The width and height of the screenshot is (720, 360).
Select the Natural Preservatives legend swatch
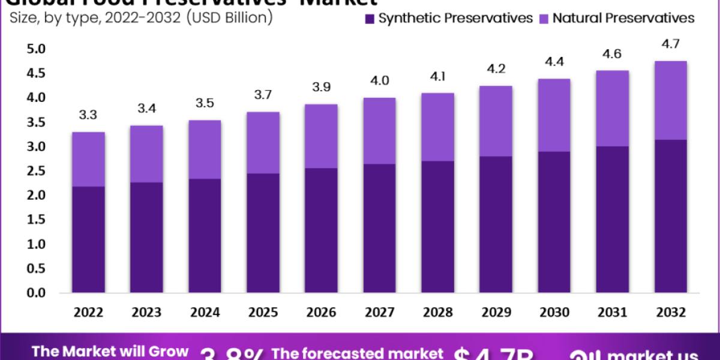[x=544, y=19]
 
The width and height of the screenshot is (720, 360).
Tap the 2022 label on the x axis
[x=88, y=313]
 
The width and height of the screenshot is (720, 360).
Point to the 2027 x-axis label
[x=379, y=313]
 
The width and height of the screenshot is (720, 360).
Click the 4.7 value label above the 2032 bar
[x=670, y=44]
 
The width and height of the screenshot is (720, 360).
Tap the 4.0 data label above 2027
[x=379, y=81]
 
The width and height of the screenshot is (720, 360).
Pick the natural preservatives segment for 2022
[x=88, y=159]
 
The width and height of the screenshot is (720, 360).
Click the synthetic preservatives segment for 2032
[x=670, y=216]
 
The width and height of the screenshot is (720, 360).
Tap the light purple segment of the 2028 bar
[x=437, y=127]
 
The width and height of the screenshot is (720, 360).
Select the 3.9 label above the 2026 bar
[x=320, y=88]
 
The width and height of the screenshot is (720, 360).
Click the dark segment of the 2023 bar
[x=146, y=238]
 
